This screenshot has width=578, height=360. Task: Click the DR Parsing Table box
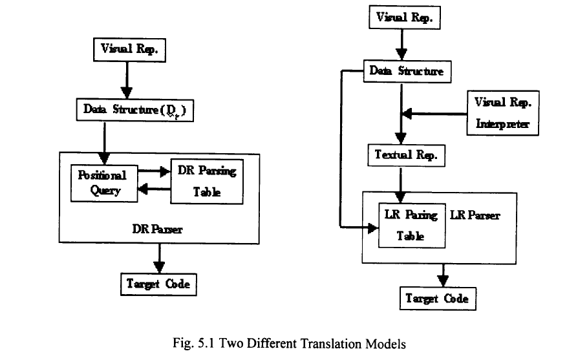click(x=206, y=182)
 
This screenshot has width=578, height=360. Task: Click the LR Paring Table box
click(x=411, y=224)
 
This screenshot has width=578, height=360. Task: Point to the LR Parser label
click(x=475, y=215)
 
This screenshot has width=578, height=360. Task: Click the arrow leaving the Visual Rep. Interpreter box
click(x=433, y=114)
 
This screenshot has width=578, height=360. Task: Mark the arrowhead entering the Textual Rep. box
click(x=401, y=138)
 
